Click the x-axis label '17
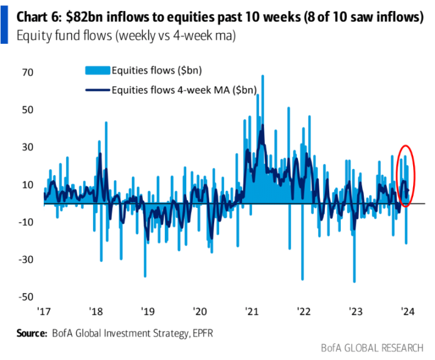click(x=43, y=311)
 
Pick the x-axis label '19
click(x=147, y=311)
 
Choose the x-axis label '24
click(x=408, y=311)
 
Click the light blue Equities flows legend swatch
click(x=95, y=71)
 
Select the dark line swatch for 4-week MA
click(x=95, y=90)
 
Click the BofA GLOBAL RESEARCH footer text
click(x=372, y=348)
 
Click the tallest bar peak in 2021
click(x=262, y=76)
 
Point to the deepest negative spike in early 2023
click(x=354, y=282)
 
